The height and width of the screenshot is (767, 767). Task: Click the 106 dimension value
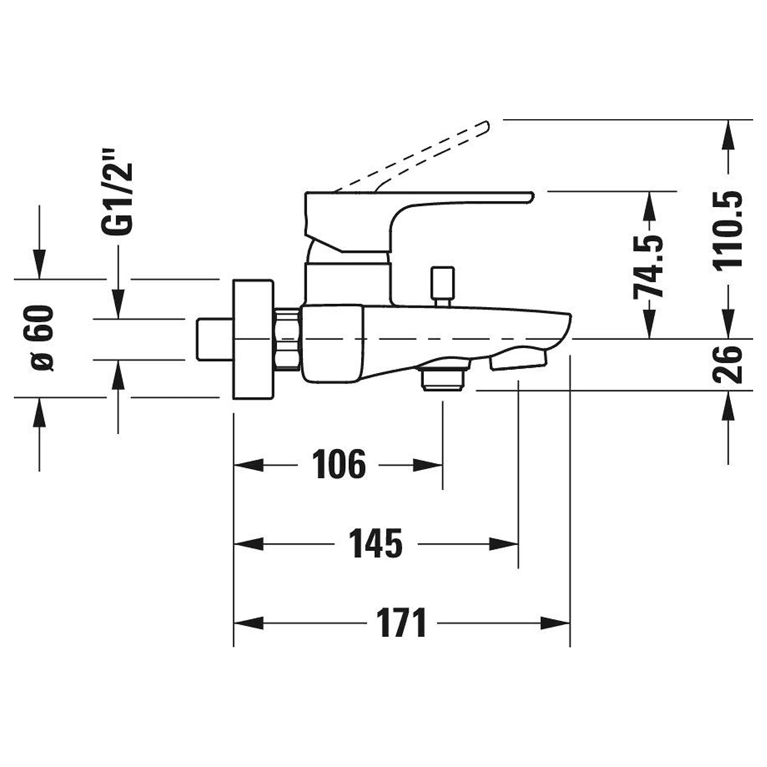coord(339,464)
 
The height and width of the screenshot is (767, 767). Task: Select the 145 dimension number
coord(376,544)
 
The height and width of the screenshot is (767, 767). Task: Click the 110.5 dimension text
coord(727,230)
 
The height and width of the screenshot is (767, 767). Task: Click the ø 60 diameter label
coord(43,338)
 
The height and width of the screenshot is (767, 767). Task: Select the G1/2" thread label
coord(117,192)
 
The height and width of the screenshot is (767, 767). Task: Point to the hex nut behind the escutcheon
coord(287,339)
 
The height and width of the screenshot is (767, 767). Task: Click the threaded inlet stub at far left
coord(214,339)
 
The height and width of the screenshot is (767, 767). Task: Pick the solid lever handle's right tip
coord(533,197)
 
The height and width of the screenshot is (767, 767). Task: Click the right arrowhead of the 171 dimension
coord(555,623)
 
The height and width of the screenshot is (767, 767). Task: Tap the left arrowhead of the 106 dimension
coord(249,465)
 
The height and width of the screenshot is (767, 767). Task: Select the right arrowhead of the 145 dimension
coord(504,544)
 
